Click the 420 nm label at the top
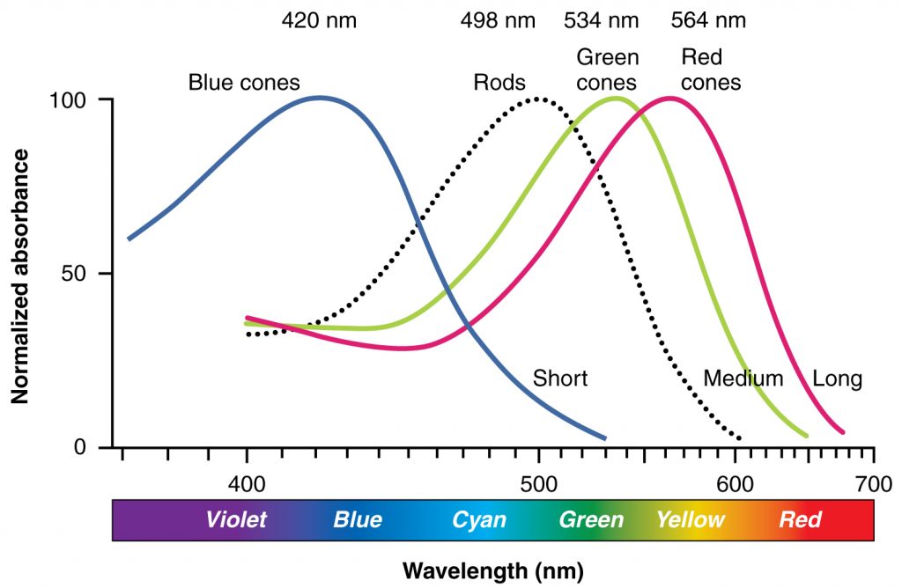pyautogui.click(x=319, y=20)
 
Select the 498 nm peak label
pyautogui.click(x=497, y=20)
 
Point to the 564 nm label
pyautogui.click(x=708, y=20)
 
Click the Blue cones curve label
pyautogui.click(x=244, y=83)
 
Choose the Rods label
pyautogui.click(x=499, y=83)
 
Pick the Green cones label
pyautogui.click(x=607, y=70)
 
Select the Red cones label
pyautogui.click(x=711, y=70)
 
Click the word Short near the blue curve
pyautogui.click(x=560, y=379)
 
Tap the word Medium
pyautogui.click(x=743, y=379)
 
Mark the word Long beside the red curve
pyautogui.click(x=837, y=379)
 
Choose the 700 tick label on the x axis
pyautogui.click(x=873, y=484)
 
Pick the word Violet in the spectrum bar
pyautogui.click(x=236, y=519)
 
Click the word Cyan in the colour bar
pyautogui.click(x=479, y=519)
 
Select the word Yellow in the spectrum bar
pyautogui.click(x=690, y=519)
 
